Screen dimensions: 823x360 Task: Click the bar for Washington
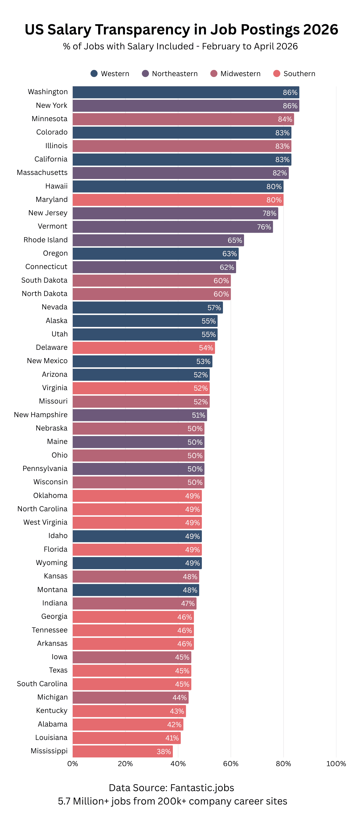pyautogui.click(x=185, y=92)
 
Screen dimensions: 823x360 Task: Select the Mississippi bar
pyautogui.click(x=122, y=751)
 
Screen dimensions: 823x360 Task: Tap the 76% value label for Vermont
pyautogui.click(x=264, y=227)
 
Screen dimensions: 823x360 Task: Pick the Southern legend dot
pyautogui.click(x=277, y=74)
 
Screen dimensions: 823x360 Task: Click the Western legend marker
pyautogui.click(x=94, y=74)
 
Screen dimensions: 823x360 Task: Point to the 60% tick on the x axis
pyautogui.click(x=230, y=764)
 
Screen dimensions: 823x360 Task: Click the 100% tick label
pyautogui.click(x=336, y=764)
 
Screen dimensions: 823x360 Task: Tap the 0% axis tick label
pyautogui.click(x=73, y=764)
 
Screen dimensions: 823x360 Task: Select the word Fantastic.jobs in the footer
pyautogui.click(x=202, y=788)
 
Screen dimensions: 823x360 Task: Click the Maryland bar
pyautogui.click(x=178, y=200)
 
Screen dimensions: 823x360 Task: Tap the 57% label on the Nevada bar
pyautogui.click(x=214, y=308)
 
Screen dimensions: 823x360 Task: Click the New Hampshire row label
pyautogui.click(x=41, y=415)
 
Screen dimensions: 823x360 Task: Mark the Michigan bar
pyautogui.click(x=130, y=697)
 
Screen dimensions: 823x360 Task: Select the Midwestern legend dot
pyautogui.click(x=214, y=74)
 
